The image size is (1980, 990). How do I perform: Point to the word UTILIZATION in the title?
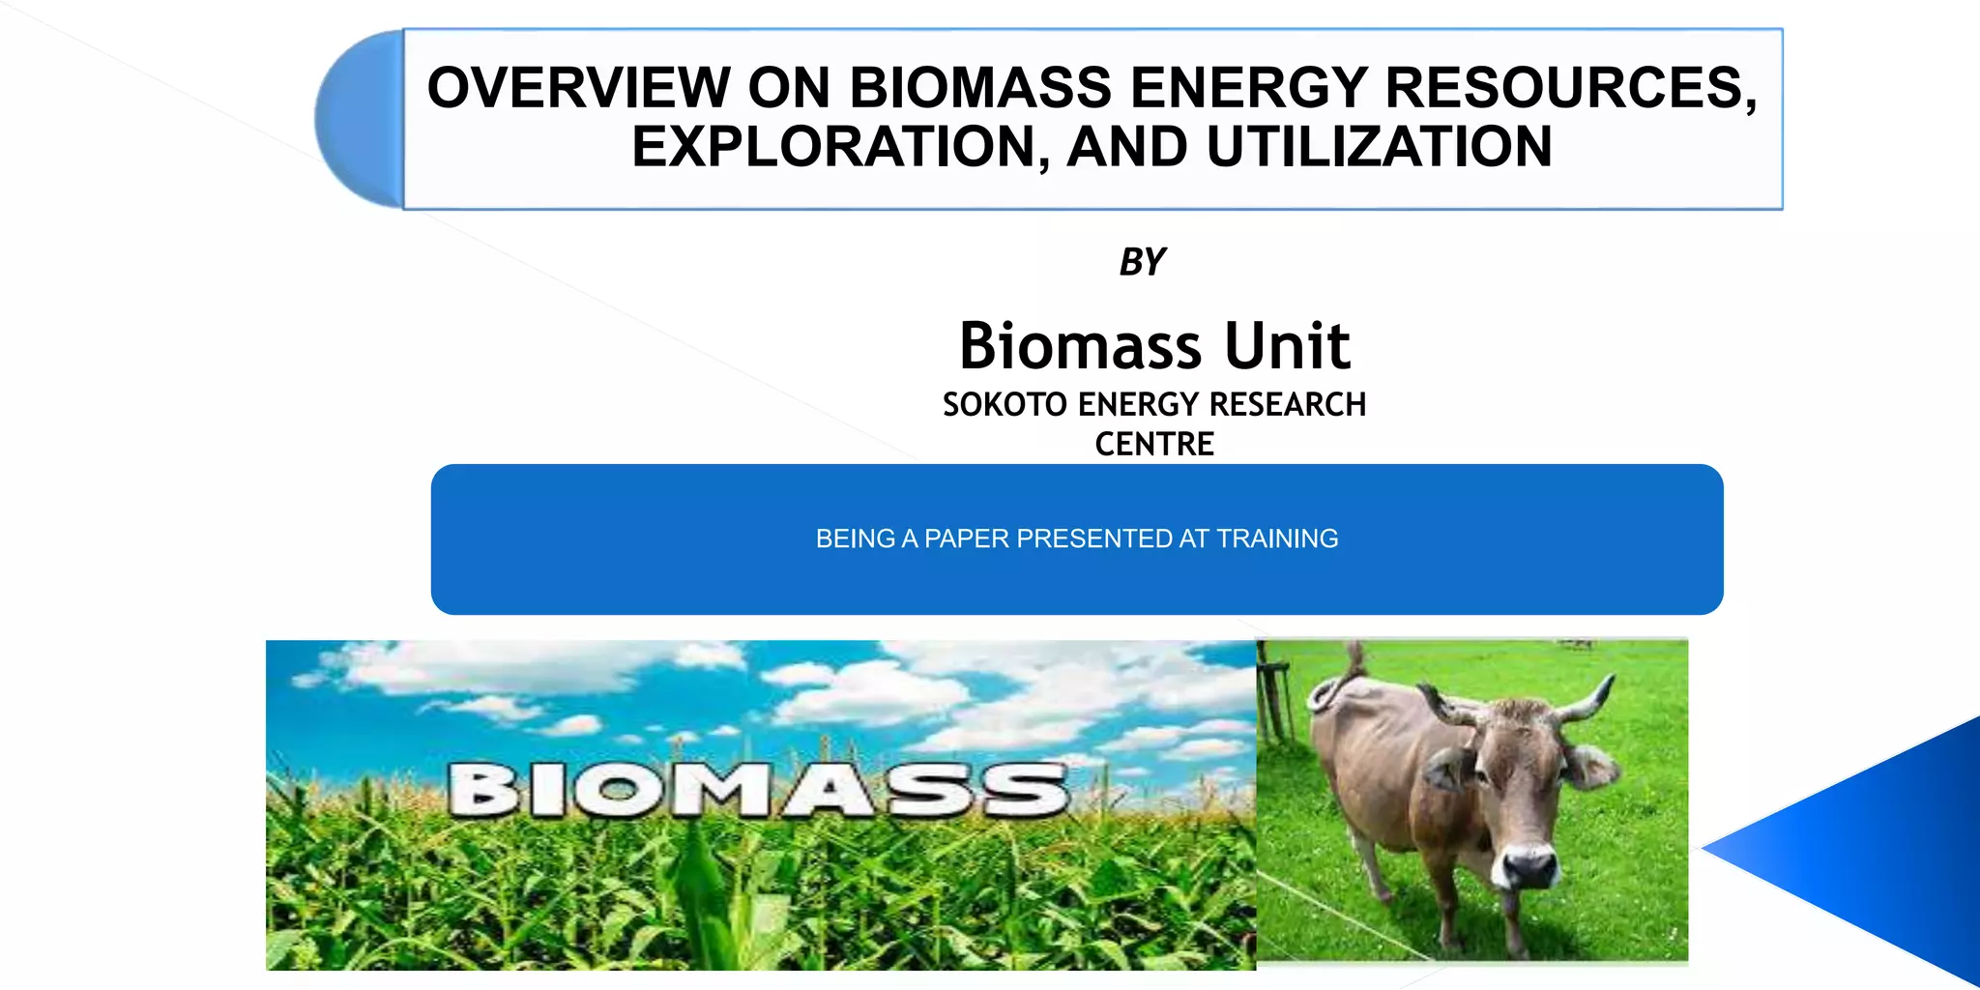tap(1379, 147)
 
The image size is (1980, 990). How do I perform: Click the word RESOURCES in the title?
tap(1570, 88)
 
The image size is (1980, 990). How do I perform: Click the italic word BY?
tap(1142, 262)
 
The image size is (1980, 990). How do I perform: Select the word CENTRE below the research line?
tap(1153, 444)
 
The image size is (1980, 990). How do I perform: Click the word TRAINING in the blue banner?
tap(1276, 539)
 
